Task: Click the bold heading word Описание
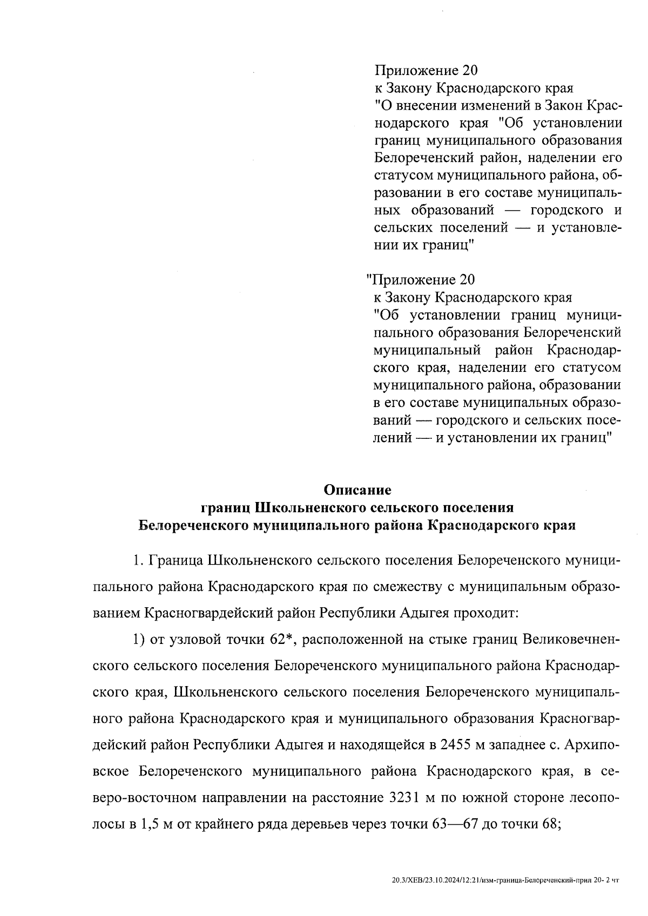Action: [x=357, y=490]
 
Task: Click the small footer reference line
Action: [x=505, y=880]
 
